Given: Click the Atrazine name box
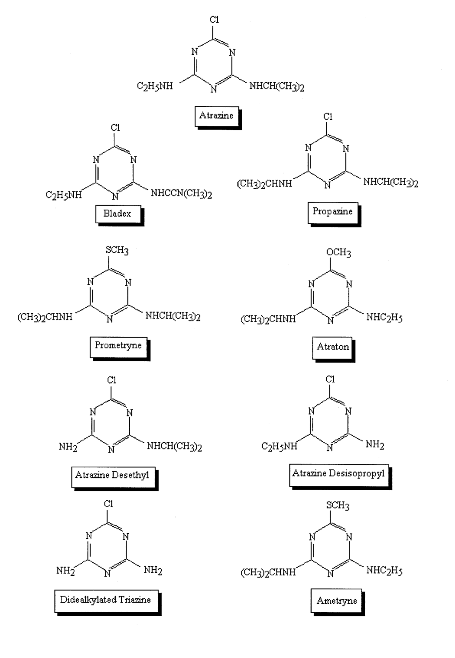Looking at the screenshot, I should tap(216, 116).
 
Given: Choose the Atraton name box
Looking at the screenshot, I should tap(333, 347).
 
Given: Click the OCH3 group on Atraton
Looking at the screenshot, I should tap(339, 253).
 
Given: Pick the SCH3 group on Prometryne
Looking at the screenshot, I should tap(117, 250).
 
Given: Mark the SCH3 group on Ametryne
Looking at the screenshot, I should tap(338, 505).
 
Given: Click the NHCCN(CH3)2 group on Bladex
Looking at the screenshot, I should tap(181, 194).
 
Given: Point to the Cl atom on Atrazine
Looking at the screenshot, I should tap(214, 20).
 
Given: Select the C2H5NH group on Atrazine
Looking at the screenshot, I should tap(155, 86).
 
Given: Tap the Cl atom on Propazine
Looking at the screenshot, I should tap(328, 117).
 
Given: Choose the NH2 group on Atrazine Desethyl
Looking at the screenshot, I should tap(68, 447).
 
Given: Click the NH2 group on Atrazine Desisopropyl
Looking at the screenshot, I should tap(375, 445).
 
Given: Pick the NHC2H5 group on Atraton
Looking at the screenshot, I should tap(384, 318).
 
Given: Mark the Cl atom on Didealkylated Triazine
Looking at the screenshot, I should tap(109, 504).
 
